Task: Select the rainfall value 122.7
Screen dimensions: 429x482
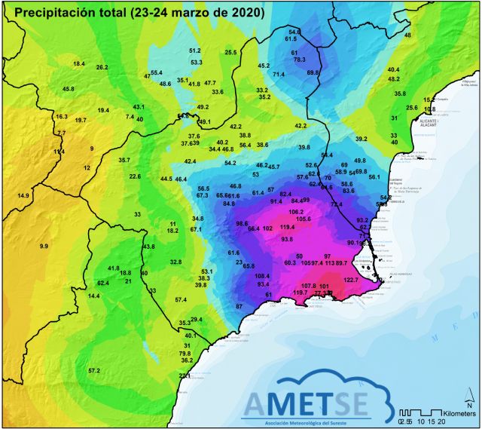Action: [352, 280]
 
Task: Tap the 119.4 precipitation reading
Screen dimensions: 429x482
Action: [287, 227]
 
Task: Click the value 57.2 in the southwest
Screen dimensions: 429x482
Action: [94, 370]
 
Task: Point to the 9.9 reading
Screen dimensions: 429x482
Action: [44, 247]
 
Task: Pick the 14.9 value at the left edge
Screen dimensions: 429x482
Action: [23, 195]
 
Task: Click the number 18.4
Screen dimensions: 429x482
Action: [78, 64]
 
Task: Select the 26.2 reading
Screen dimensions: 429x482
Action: [102, 67]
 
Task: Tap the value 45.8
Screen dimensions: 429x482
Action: [68, 89]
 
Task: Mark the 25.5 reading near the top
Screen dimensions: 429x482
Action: [230, 52]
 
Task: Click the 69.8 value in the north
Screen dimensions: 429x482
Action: [313, 72]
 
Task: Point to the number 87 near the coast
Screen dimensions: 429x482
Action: [239, 307]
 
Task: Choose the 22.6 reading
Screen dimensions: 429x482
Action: [135, 176]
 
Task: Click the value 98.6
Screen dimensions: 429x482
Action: [243, 224]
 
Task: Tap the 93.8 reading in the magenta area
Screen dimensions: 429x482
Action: [287, 239]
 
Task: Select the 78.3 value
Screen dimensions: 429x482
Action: [299, 60]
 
